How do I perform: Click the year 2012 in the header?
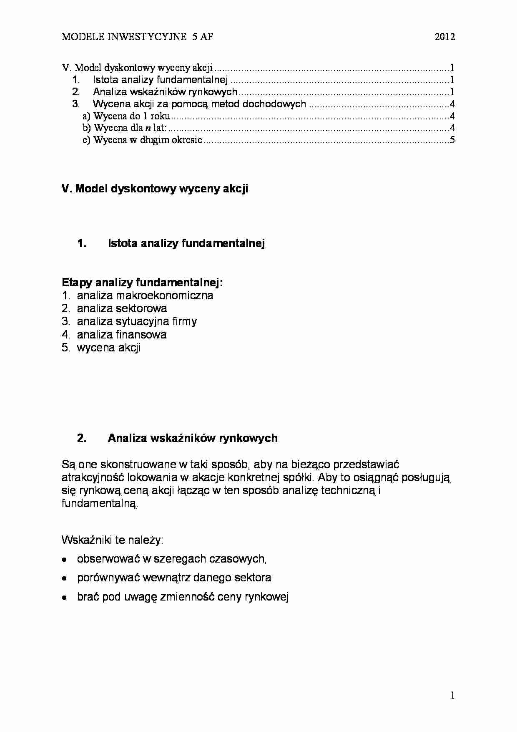click(x=444, y=37)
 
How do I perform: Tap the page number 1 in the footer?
click(x=452, y=695)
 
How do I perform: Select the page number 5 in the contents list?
click(x=452, y=140)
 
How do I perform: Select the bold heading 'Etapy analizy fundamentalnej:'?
click(x=142, y=283)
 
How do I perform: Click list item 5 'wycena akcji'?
click(x=108, y=348)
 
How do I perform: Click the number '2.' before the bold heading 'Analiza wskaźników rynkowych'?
click(x=82, y=438)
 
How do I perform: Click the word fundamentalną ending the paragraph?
click(x=100, y=503)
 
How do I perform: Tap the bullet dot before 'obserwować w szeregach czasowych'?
click(x=64, y=559)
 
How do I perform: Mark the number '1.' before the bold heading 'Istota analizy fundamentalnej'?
click(x=82, y=243)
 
